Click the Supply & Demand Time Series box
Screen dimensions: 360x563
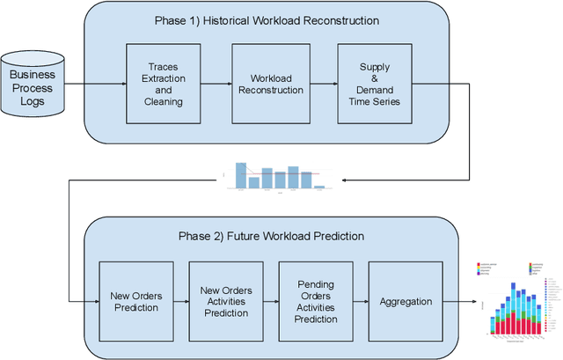point(374,84)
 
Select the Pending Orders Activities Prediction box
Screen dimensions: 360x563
point(315,302)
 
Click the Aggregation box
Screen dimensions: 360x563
point(405,302)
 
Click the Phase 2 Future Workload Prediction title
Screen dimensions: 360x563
point(272,236)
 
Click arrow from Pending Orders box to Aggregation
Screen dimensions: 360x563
point(359,302)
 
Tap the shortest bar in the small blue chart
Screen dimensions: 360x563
point(319,187)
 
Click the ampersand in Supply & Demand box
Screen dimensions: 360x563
point(374,78)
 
